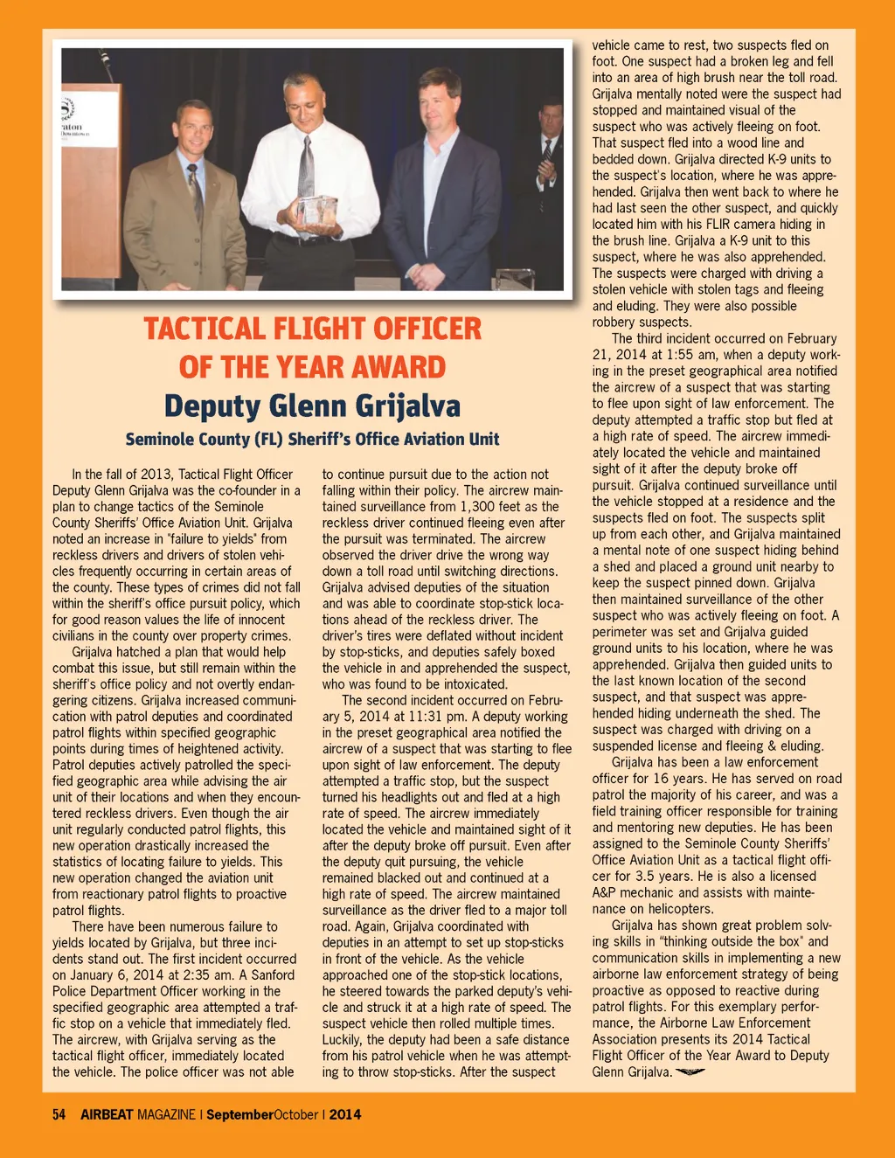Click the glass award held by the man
[x=316, y=211]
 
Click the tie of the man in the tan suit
[x=196, y=192]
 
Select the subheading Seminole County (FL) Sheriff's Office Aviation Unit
[x=312, y=439]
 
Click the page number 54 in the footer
[x=59, y=1114]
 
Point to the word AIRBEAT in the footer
[x=107, y=1114]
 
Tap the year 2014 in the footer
[x=345, y=1114]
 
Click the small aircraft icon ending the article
[x=690, y=1072]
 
